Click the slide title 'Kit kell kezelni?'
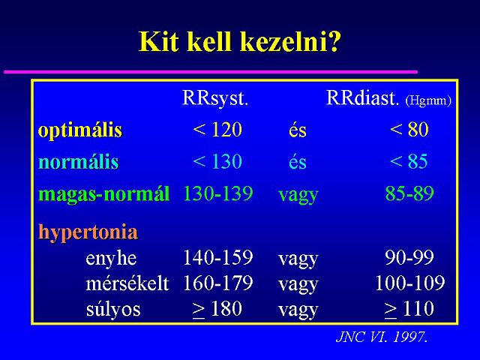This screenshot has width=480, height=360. coord(240,42)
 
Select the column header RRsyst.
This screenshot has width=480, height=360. coord(215,99)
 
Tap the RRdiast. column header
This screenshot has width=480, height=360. coord(363,98)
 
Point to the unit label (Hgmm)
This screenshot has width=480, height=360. coord(428,100)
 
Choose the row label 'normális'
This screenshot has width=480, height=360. coord(79,161)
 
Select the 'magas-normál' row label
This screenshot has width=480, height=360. coord(103,194)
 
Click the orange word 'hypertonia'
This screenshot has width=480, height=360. coord(88,232)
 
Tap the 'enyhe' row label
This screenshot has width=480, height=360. coord(111,259)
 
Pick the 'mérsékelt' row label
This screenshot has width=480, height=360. coord(127,283)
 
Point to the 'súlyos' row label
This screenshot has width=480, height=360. coord(113,310)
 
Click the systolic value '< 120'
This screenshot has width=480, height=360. coord(217,130)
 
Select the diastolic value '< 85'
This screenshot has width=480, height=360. coord(409,161)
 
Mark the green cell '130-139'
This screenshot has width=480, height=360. coord(218,193)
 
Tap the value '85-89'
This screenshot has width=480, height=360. coord(409,193)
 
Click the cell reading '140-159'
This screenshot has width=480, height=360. coord(218,257)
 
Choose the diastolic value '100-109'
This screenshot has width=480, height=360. coord(410,283)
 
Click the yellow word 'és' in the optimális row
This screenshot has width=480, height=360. coord(298,130)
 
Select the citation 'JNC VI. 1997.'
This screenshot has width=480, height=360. coord(382,337)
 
